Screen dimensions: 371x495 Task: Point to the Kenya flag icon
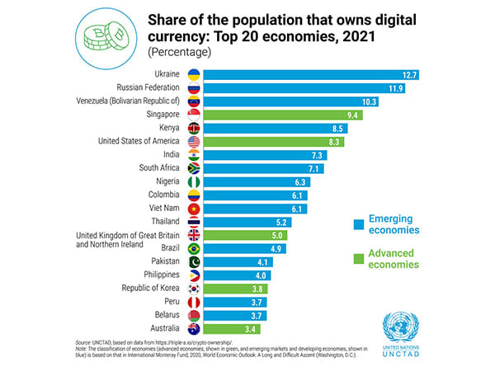[195, 129]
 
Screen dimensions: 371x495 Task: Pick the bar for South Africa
[263, 168]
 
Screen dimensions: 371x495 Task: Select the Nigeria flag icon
[195, 182]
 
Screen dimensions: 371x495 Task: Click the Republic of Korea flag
[195, 289]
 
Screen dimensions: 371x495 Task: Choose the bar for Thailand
[247, 222]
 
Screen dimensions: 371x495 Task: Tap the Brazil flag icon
[195, 248]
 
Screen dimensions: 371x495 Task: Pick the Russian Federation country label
[149, 88]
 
